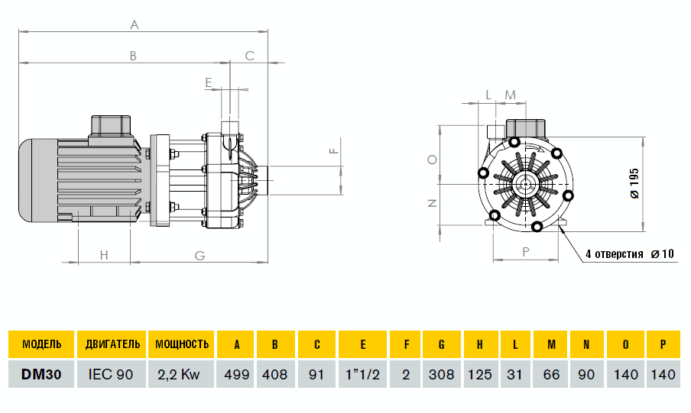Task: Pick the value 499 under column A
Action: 237,374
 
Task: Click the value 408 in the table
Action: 275,374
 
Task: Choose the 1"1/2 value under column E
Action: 362,374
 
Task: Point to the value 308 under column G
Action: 442,374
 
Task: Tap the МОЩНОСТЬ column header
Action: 182,344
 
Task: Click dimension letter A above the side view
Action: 135,25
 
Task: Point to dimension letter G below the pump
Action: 200,256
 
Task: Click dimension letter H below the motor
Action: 104,256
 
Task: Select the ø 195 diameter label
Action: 634,183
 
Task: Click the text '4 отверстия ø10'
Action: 629,253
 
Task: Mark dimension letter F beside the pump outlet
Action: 333,150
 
